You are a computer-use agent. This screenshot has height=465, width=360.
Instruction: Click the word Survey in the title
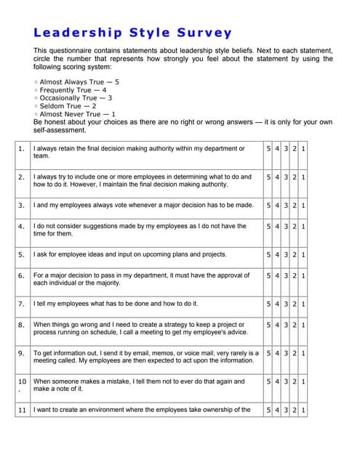204,33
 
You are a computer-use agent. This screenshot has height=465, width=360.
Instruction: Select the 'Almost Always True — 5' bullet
79,82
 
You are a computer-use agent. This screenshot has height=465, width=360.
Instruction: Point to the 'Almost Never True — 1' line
76,113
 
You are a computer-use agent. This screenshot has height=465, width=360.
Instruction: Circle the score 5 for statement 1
268,149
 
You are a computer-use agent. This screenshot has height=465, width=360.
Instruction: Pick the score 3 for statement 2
286,177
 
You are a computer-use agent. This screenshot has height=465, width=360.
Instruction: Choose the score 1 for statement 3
303,205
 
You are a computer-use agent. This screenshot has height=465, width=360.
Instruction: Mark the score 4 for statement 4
277,226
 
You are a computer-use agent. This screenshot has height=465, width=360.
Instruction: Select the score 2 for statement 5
295,254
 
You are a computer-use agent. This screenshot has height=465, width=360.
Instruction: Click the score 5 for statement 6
268,275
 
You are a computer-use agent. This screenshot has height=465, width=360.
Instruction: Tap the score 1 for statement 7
303,304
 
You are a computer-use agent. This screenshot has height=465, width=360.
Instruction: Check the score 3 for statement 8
286,325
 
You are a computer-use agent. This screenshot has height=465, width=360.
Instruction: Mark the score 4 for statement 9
277,353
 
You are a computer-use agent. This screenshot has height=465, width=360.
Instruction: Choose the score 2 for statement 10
295,381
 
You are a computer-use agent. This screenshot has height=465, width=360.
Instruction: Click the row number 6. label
22,276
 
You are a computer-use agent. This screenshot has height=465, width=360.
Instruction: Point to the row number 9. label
22,353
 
